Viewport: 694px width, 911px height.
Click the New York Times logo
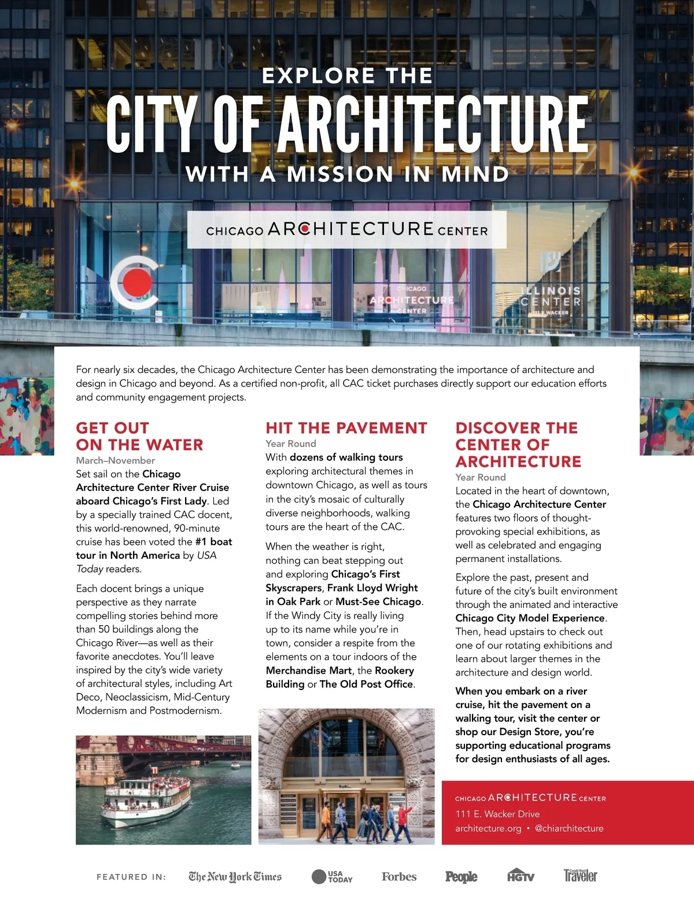235,877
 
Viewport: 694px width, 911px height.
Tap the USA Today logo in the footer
332,877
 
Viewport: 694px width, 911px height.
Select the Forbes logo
399,877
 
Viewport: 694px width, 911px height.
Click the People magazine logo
461,877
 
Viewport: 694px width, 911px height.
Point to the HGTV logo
520,876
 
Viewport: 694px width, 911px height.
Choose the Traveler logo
580,876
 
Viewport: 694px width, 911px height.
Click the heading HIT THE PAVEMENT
346,428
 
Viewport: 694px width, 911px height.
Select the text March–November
116,460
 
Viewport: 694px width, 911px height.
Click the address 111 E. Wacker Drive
497,814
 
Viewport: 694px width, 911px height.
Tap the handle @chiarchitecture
569,828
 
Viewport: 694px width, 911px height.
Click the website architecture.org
488,828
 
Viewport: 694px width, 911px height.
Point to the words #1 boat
213,542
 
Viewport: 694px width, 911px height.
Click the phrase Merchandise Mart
309,670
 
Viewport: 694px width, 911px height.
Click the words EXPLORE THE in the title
347,76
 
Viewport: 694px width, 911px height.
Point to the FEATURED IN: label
131,877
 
